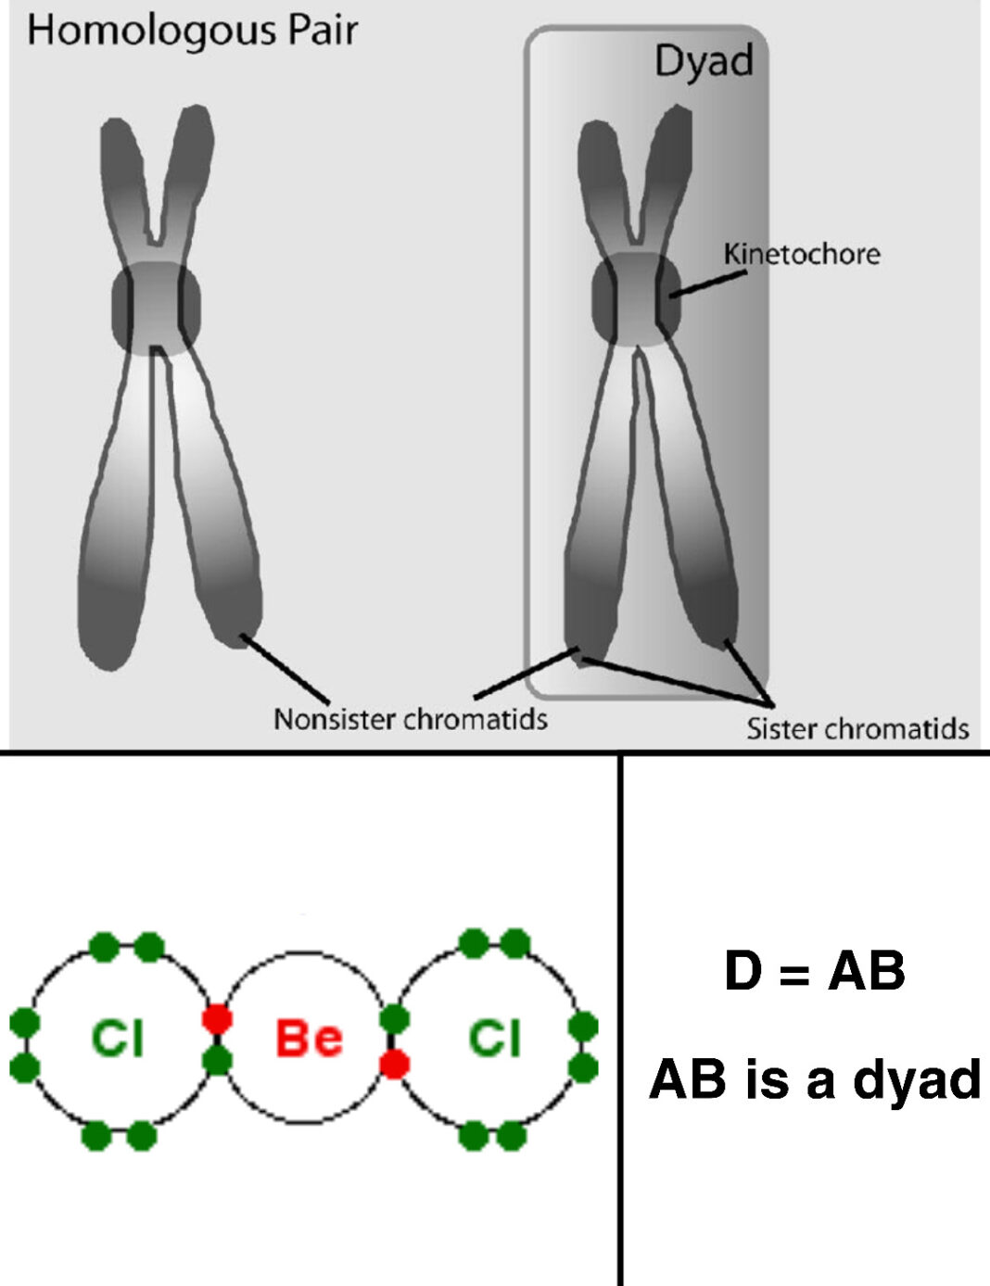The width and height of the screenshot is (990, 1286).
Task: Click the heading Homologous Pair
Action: click(x=192, y=31)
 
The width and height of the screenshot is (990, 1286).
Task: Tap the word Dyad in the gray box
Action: click(x=704, y=61)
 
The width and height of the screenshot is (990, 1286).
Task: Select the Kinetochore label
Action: click(x=802, y=254)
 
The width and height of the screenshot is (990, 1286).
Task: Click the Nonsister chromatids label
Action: click(x=410, y=719)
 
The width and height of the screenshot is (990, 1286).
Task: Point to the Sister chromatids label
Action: click(x=857, y=728)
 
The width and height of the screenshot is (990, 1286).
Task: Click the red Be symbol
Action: click(x=309, y=1038)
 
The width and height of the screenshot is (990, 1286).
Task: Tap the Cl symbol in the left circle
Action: click(x=118, y=1038)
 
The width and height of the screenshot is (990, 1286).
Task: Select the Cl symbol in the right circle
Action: click(x=494, y=1038)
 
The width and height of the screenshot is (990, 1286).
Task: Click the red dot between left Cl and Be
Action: click(x=217, y=1019)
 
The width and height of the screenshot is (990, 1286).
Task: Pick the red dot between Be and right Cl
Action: click(x=394, y=1064)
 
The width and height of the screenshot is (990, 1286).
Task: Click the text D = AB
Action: click(x=814, y=972)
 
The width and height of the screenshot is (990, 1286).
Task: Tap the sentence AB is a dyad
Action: click(x=815, y=1079)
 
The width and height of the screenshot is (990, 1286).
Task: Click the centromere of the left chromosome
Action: click(x=157, y=307)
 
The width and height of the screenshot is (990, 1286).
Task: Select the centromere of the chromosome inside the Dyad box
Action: click(x=636, y=299)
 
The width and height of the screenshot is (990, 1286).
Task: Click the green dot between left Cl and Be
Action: click(x=217, y=1060)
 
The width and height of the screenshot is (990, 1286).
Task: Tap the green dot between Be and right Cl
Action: click(x=394, y=1019)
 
